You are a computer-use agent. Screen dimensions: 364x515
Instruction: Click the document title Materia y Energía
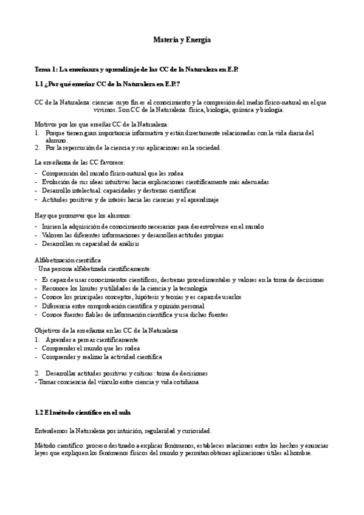coord(182,39)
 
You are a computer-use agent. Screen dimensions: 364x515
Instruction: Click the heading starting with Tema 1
coord(137,70)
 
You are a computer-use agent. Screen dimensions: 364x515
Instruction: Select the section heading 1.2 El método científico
coord(83,413)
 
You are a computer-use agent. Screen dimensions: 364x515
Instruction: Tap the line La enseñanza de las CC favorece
coord(80,163)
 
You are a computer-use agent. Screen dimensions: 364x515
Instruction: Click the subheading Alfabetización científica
coord(68,260)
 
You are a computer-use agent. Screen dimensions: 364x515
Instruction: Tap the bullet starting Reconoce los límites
coord(124,288)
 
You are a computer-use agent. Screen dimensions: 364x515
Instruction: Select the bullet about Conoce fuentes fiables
coord(134,315)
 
